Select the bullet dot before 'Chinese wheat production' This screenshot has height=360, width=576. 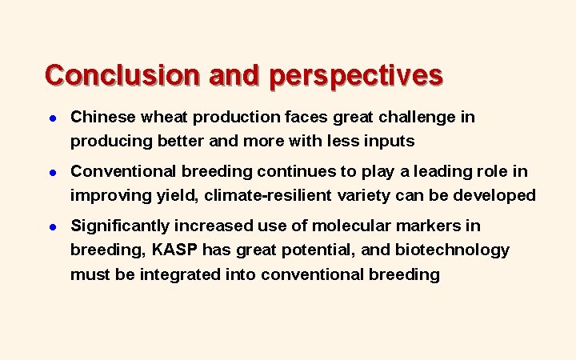click(x=50, y=118)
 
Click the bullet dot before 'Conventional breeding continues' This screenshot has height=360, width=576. click(x=50, y=172)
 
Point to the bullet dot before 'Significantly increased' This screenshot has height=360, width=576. click(x=50, y=226)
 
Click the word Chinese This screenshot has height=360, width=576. click(x=103, y=117)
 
